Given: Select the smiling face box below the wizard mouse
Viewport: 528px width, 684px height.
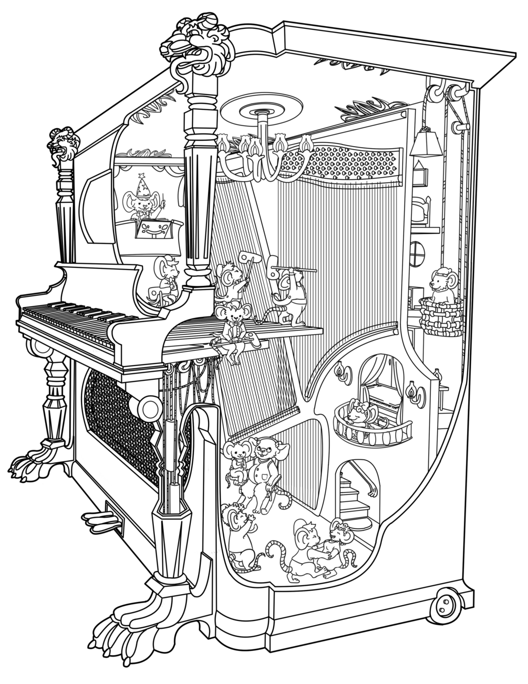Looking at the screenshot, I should (152, 231).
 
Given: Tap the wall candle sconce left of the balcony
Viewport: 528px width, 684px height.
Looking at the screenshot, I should (342, 373).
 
